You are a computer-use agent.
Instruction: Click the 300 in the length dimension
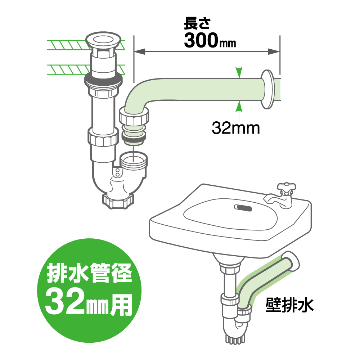pyautogui.click(x=201, y=40)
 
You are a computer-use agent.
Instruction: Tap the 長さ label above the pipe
pyautogui.click(x=197, y=23)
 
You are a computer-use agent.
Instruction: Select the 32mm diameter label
pyautogui.click(x=235, y=128)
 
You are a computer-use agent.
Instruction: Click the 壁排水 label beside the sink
pyautogui.click(x=289, y=305)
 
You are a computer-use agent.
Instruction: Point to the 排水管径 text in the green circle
pyautogui.click(x=90, y=273)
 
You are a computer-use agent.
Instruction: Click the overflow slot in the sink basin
pyautogui.click(x=243, y=208)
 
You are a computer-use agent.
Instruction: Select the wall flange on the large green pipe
pyautogui.click(x=267, y=89)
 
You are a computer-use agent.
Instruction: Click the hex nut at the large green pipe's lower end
pyautogui.click(x=134, y=116)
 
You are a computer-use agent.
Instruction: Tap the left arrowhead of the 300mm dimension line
pyautogui.click(x=139, y=51)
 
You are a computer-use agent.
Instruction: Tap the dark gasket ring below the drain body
pyautogui.click(x=103, y=80)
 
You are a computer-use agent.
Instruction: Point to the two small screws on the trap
pyautogui.click(x=117, y=173)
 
